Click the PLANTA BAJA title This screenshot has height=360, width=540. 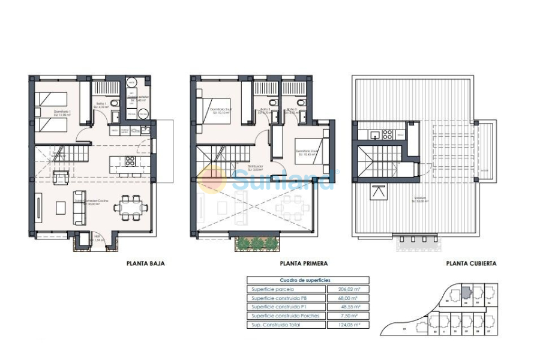(x=145, y=263)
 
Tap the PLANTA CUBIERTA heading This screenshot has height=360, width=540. (x=471, y=263)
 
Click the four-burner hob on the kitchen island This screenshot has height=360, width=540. (x=129, y=161)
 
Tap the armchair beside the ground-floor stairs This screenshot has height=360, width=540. (x=60, y=177)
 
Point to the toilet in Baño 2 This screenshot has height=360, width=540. (x=273, y=104)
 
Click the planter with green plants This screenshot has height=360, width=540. (x=257, y=243)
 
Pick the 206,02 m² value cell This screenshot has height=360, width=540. (x=349, y=289)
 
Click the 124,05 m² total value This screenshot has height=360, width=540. (x=349, y=325)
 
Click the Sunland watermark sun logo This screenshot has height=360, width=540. (x=212, y=179)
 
